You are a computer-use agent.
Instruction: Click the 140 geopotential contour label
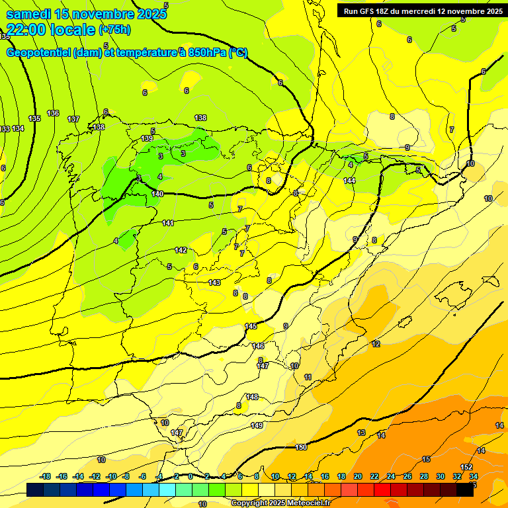pos(157,194)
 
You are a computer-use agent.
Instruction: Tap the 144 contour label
pos(349,181)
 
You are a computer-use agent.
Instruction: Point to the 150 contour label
pos(301,448)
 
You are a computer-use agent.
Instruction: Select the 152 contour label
pos(466,468)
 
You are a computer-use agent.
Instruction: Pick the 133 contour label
pos(5,128)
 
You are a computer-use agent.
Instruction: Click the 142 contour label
pos(181,250)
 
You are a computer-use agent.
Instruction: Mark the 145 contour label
pos(251,326)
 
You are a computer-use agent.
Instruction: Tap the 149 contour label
pos(257,425)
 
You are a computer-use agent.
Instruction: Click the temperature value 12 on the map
pos(376,344)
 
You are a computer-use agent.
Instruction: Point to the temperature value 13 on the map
pos(361,433)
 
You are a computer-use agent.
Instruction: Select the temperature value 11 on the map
pos(308,377)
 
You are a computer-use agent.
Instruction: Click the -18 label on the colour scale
pos(46,476)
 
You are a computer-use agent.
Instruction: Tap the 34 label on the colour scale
pos(474,476)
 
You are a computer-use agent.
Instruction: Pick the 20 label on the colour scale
pos(358,476)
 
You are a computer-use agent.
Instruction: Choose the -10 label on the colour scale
pos(112,476)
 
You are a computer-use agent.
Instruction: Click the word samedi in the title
pos(28,14)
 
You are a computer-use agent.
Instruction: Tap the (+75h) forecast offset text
pos(114,30)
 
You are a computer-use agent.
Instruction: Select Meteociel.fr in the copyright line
pos(302,503)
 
